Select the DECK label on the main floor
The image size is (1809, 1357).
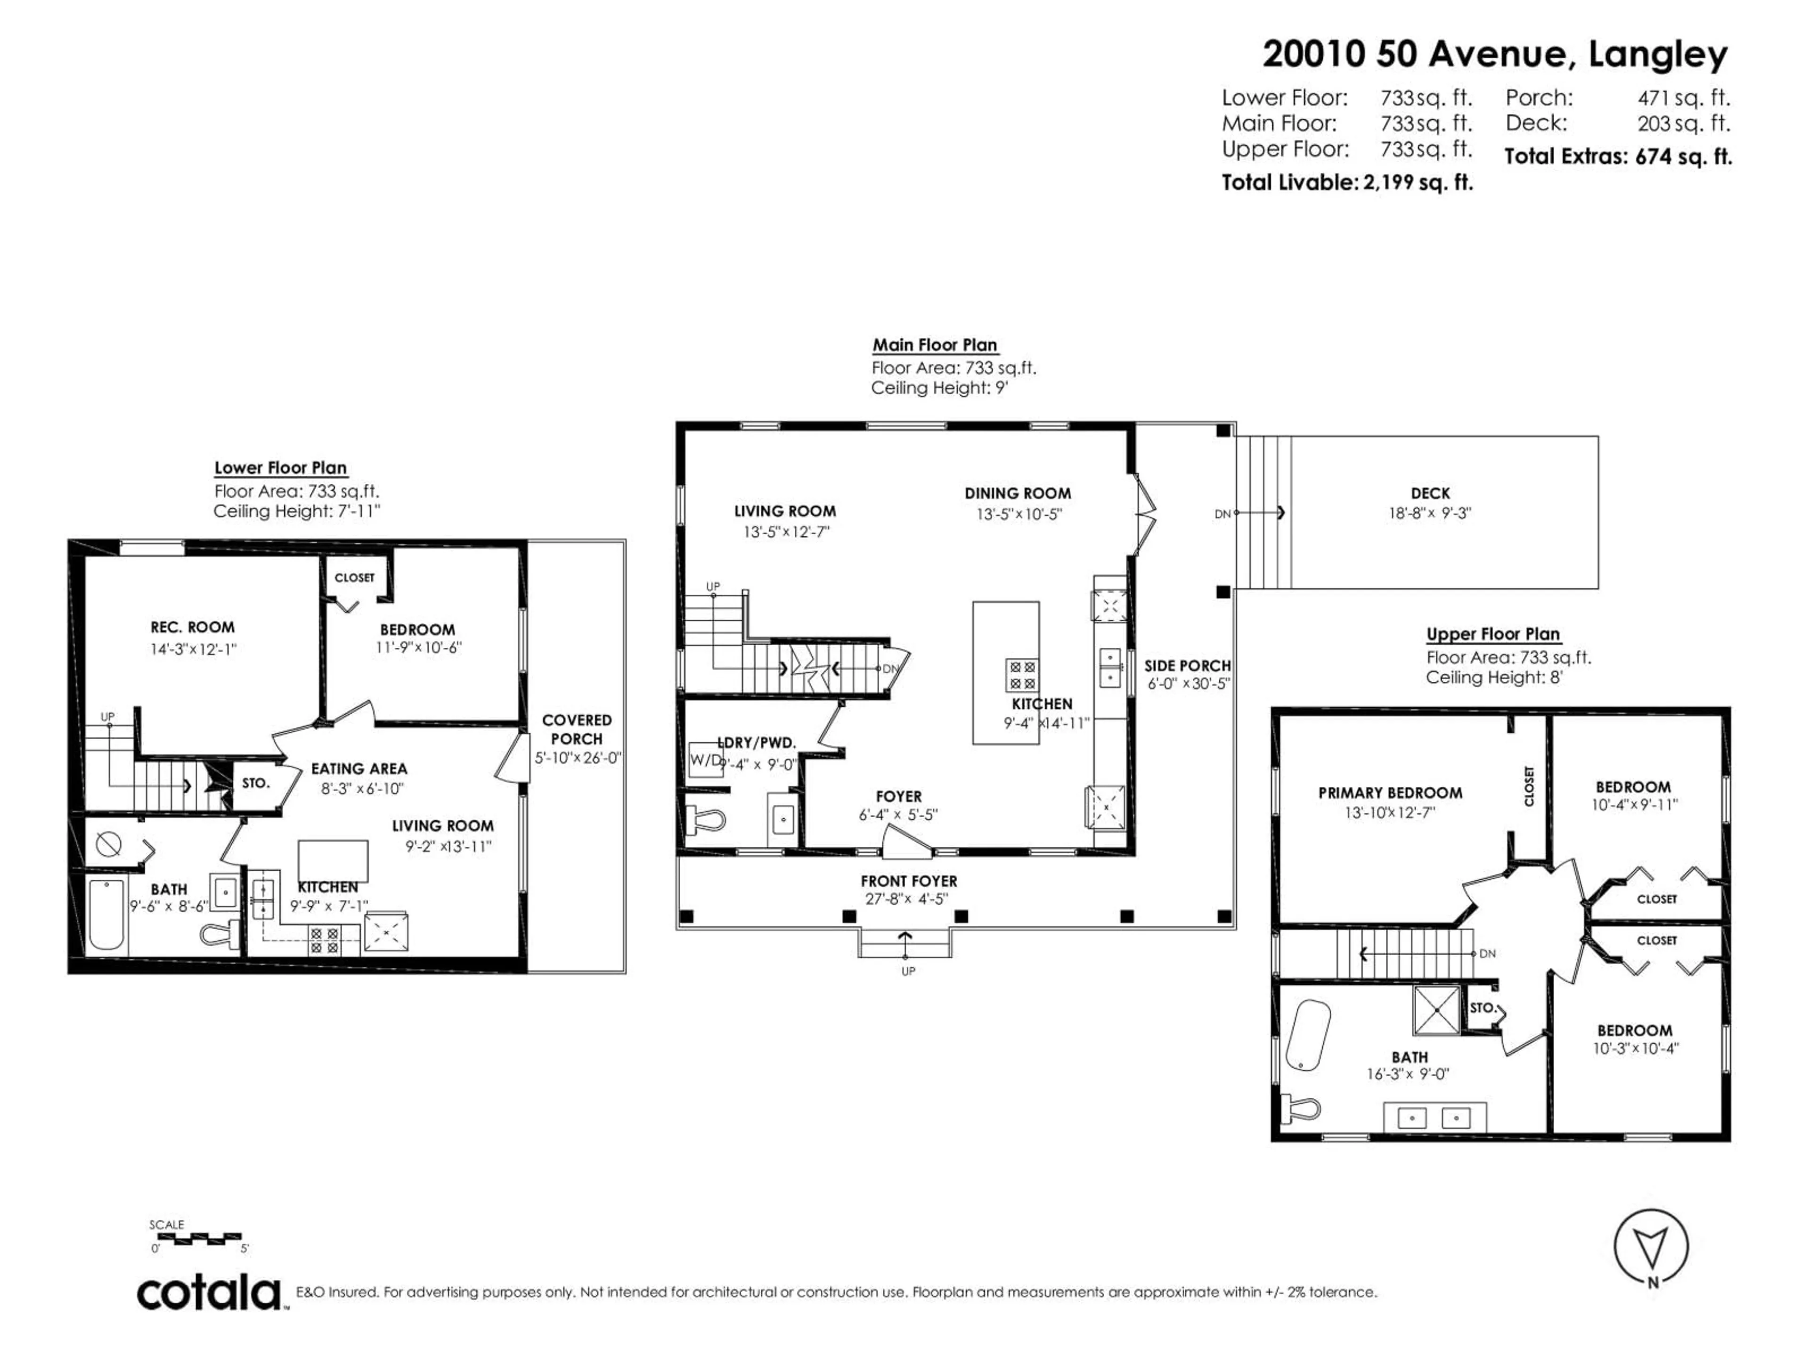(1430, 493)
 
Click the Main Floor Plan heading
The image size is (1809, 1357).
(935, 345)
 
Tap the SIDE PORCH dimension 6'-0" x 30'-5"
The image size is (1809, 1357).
(1188, 684)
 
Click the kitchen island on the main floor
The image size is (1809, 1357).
(1005, 672)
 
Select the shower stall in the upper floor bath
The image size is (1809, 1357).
(1436, 1010)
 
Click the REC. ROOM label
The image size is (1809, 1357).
(192, 628)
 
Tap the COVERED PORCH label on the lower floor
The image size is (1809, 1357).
(577, 729)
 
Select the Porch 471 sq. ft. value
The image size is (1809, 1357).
(1683, 98)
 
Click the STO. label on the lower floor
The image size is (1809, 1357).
(255, 783)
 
